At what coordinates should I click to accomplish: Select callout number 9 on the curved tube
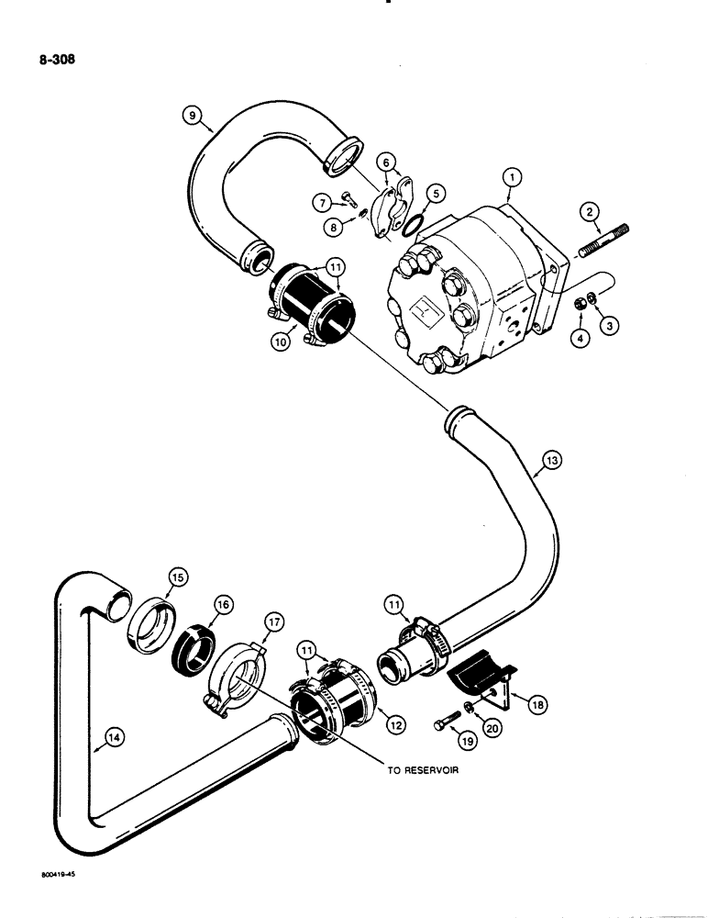click(191, 116)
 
